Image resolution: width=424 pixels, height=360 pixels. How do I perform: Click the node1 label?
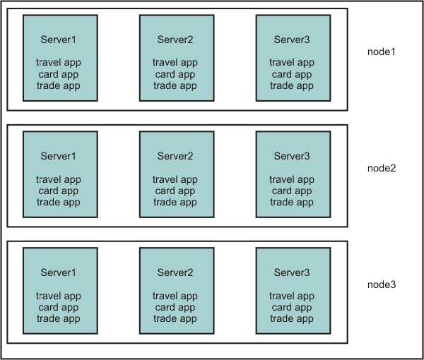click(x=382, y=52)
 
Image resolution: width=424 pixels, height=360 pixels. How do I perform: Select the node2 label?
click(x=382, y=168)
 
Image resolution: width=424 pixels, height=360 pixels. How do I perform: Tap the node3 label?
click(x=382, y=284)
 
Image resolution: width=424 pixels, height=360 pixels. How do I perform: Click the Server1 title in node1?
click(x=59, y=40)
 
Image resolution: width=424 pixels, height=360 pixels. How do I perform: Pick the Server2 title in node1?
click(x=175, y=40)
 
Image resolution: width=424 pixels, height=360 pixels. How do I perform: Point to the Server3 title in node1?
click(x=292, y=40)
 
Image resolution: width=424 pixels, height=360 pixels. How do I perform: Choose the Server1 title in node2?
click(x=59, y=156)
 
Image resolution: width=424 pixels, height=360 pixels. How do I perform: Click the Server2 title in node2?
click(x=175, y=156)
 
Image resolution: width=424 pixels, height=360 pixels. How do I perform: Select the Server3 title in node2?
click(x=292, y=156)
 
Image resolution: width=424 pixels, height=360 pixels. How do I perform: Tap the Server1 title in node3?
click(x=59, y=272)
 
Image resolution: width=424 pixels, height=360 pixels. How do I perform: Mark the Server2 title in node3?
click(x=175, y=272)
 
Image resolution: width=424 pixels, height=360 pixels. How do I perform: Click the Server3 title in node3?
click(x=292, y=272)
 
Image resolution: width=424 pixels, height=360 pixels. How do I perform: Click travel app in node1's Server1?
click(x=59, y=63)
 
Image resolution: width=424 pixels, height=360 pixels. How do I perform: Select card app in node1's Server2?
click(x=175, y=74)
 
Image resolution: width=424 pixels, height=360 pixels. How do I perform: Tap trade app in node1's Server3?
click(x=292, y=85)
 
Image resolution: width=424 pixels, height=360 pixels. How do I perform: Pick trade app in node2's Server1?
click(x=59, y=202)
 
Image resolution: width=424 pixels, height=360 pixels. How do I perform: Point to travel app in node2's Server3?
click(x=292, y=179)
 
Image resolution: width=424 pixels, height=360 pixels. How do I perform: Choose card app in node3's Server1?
click(x=59, y=307)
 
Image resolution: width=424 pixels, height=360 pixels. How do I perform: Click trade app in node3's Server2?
click(x=175, y=318)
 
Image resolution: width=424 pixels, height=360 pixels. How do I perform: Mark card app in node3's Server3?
click(x=292, y=307)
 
